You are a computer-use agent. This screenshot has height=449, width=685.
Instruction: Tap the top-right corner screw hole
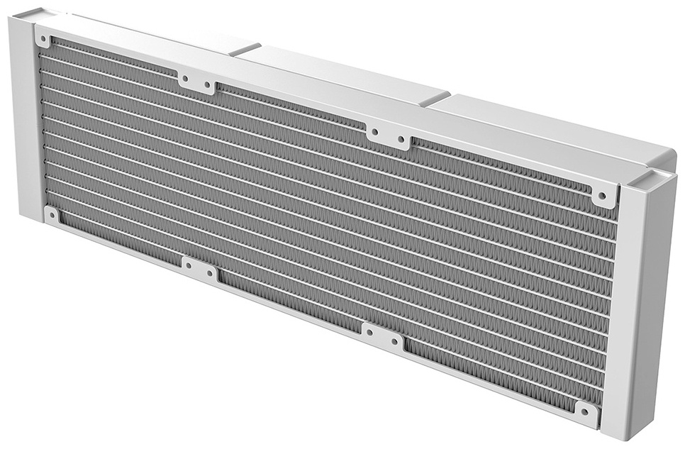click(603, 195)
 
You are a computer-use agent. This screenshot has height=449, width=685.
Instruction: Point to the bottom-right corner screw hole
click(586, 411)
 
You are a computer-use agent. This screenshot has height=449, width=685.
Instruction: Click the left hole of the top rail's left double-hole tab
click(185, 79)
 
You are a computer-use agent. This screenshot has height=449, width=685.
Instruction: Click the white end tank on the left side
click(25, 121)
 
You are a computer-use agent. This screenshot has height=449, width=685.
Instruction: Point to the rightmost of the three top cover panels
click(553, 128)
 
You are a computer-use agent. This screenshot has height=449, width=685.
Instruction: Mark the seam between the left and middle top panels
click(245, 48)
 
